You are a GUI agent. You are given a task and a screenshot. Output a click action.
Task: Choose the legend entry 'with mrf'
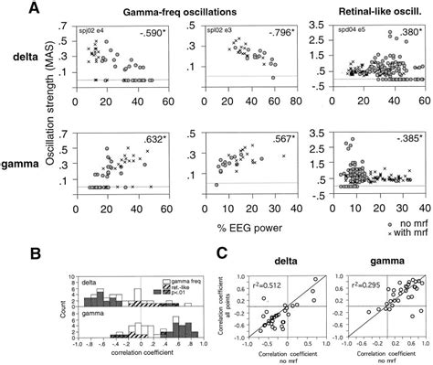[406, 233]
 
